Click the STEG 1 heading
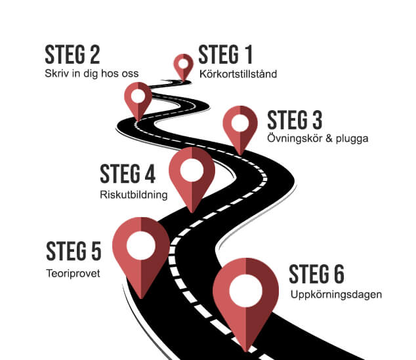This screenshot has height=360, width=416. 225,55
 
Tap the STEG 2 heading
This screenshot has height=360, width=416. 72,54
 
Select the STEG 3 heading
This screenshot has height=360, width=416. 295,121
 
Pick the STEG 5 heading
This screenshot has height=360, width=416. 73,252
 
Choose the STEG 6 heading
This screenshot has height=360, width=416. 316,274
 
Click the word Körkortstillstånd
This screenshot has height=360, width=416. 238,74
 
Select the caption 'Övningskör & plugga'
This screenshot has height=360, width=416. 318,139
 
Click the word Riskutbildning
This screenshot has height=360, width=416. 134,195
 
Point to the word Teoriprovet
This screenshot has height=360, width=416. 73,273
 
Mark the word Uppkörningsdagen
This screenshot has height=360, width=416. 336,295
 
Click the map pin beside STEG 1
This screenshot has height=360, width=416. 182,66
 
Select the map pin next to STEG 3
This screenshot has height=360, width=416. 239,127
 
